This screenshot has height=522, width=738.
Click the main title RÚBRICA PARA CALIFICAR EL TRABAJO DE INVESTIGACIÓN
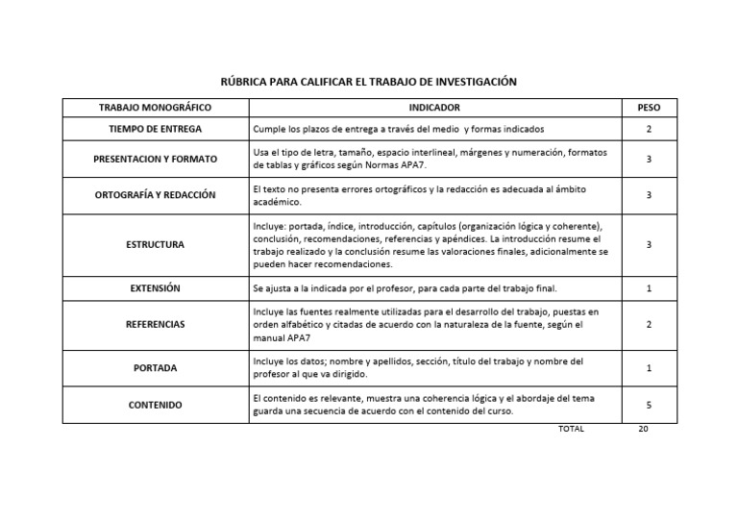pyautogui.click(x=369, y=82)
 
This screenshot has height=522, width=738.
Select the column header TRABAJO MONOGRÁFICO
pyautogui.click(x=155, y=108)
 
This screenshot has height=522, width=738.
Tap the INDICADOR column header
pyautogui.click(x=433, y=108)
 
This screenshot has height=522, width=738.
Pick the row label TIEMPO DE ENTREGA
pyautogui.click(x=155, y=129)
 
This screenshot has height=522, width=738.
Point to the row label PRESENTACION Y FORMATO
pyautogui.click(x=155, y=159)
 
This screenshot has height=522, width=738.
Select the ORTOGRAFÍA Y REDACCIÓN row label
pyautogui.click(x=155, y=195)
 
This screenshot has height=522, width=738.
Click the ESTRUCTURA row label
pyautogui.click(x=155, y=245)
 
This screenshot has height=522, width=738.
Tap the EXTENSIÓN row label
pyautogui.click(x=155, y=288)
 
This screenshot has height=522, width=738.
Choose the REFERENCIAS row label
pyautogui.click(x=155, y=325)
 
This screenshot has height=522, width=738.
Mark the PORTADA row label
pyautogui.click(x=155, y=368)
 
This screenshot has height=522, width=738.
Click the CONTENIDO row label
pyautogui.click(x=155, y=405)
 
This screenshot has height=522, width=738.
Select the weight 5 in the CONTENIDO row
pyautogui.click(x=649, y=405)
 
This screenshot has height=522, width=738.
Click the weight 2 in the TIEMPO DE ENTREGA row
pyautogui.click(x=649, y=129)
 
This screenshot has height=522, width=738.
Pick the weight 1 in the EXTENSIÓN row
pyautogui.click(x=649, y=288)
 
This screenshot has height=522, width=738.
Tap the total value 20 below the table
pyautogui.click(x=644, y=429)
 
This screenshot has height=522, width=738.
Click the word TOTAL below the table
pyautogui.click(x=571, y=429)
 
